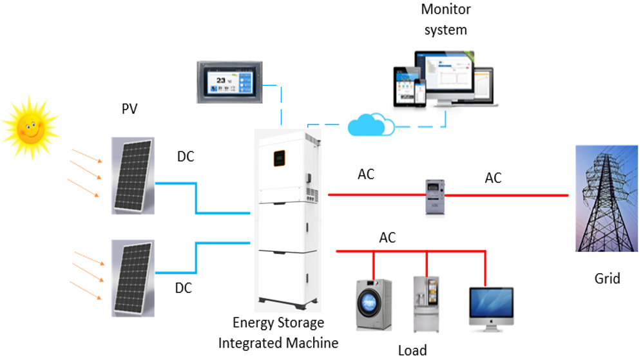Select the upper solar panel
click(x=131, y=175)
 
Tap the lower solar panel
click(x=131, y=276)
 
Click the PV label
click(x=130, y=109)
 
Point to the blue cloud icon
click(x=370, y=125)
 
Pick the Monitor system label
click(x=446, y=19)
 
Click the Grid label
click(x=607, y=278)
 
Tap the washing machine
click(x=374, y=304)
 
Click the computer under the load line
click(x=491, y=308)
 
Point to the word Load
click(x=412, y=350)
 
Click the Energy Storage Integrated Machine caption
click(x=278, y=332)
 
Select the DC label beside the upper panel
click(x=186, y=156)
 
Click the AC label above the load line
click(x=387, y=238)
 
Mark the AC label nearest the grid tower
click(x=493, y=178)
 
